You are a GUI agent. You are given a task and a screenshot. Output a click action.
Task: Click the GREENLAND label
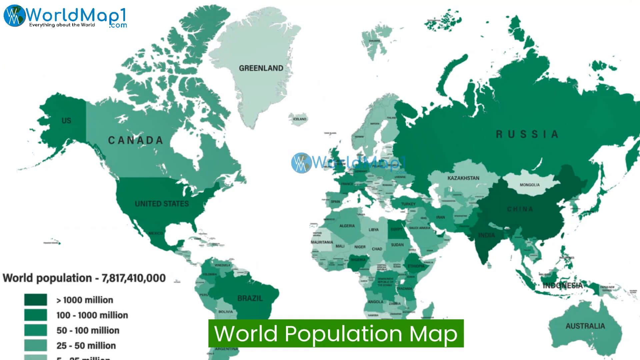(261, 68)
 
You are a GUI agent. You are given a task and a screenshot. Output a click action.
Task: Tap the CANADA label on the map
(136, 140)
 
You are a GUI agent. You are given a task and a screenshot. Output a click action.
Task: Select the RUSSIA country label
(527, 134)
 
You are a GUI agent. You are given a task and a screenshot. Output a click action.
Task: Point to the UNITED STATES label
(162, 204)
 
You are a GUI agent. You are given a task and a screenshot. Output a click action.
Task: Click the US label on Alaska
(66, 121)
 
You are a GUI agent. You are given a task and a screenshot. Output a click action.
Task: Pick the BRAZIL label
(250, 298)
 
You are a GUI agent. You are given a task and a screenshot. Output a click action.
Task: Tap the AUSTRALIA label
(585, 326)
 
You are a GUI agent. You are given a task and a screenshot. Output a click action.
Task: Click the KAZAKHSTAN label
(463, 178)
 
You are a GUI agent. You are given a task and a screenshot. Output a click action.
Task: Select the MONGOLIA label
(529, 185)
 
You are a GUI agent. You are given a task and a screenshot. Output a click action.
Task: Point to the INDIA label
(486, 235)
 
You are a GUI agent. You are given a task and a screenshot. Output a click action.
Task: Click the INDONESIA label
(562, 286)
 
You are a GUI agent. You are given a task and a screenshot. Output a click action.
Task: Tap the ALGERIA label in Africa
(347, 226)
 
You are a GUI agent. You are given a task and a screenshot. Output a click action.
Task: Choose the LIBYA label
(373, 230)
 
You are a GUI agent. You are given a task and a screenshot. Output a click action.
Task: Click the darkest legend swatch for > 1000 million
(35, 300)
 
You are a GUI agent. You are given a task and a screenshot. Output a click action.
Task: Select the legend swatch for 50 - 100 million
(35, 330)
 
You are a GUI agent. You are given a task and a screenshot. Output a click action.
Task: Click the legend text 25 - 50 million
(86, 346)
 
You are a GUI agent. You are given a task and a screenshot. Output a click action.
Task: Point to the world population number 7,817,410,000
(134, 278)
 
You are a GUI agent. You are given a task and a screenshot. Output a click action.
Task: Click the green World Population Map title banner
(336, 333)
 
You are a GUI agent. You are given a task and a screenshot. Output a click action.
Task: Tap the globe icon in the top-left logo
(14, 16)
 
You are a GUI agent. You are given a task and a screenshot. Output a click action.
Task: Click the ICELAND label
(299, 119)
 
